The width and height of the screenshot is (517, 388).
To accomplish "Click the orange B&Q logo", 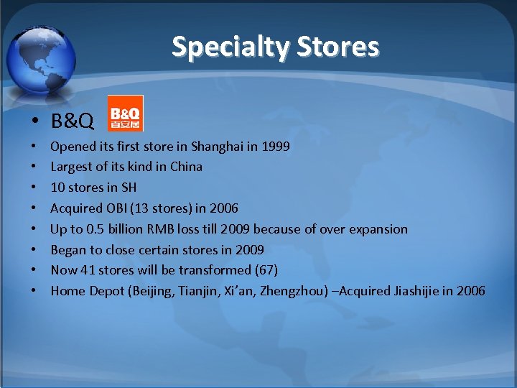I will [x=126, y=113].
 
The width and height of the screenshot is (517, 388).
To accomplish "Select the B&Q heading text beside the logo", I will [x=72, y=121].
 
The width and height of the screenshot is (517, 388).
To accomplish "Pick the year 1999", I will [x=276, y=147].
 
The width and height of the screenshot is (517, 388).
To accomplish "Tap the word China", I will [x=186, y=167].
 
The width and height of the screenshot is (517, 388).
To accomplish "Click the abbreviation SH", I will [x=128, y=188].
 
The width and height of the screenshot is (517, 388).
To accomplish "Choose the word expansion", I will [x=378, y=229].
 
